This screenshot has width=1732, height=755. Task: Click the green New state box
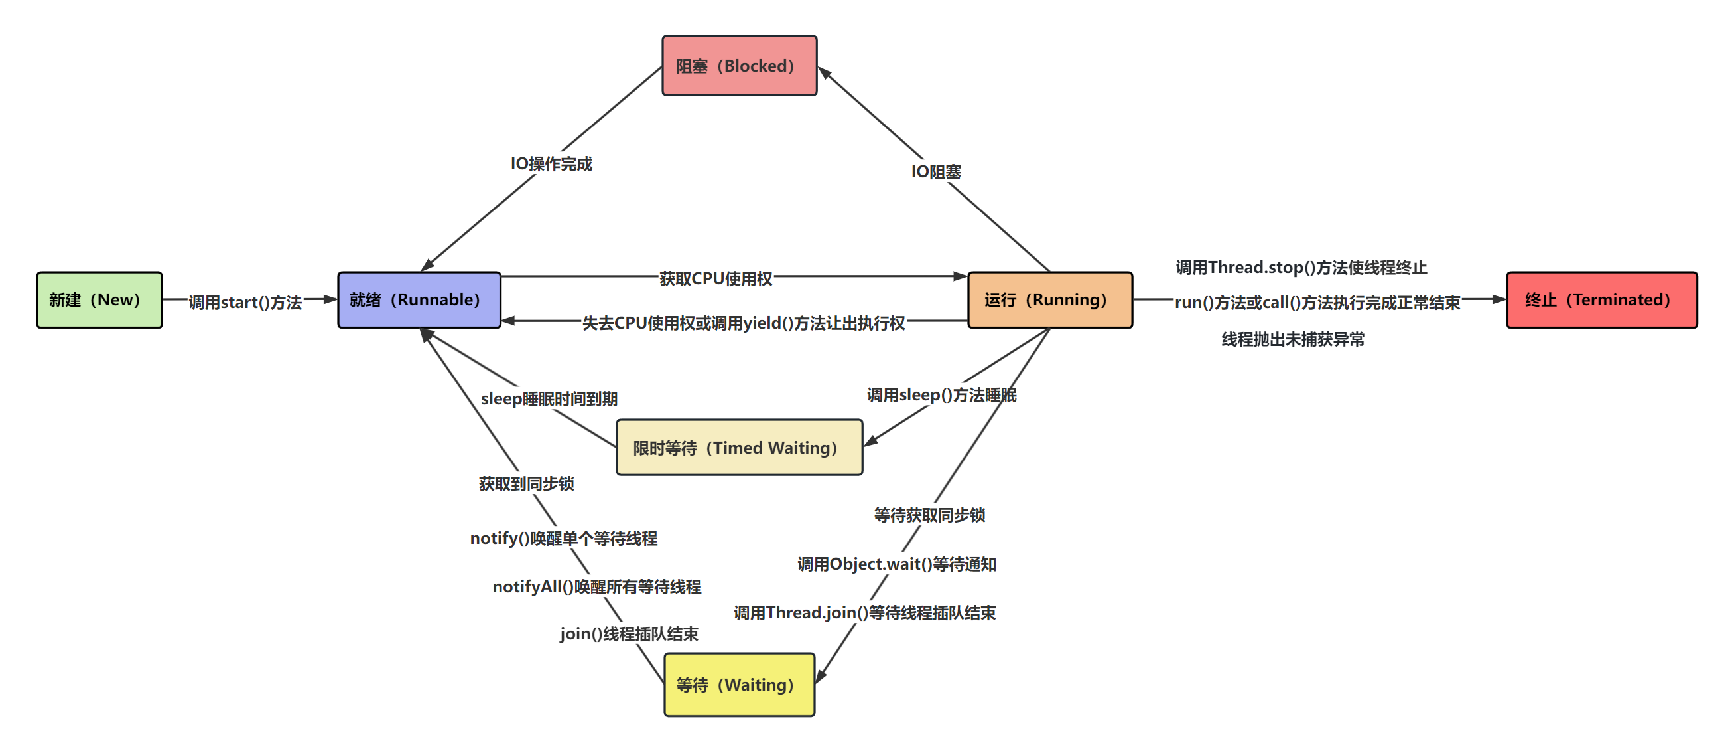click(x=99, y=300)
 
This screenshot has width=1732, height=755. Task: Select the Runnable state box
click(x=419, y=300)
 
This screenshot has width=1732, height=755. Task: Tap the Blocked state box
click(x=739, y=66)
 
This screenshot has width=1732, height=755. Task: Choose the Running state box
click(x=1049, y=300)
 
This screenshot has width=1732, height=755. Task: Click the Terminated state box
click(x=1601, y=300)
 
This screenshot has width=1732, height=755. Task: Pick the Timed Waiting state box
click(x=739, y=448)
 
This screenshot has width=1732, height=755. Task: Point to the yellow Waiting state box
click(x=739, y=685)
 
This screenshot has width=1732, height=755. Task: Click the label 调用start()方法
click(x=245, y=303)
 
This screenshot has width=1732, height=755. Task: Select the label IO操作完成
click(x=551, y=164)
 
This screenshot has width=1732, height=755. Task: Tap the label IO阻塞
click(x=936, y=172)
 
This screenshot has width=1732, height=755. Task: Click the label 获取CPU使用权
click(x=715, y=279)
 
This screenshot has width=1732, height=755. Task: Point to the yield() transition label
click(x=743, y=323)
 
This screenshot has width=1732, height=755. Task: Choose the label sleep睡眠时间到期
click(x=549, y=399)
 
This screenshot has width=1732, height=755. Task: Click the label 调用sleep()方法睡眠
click(x=941, y=395)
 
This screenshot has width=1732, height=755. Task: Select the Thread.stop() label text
click(x=1301, y=268)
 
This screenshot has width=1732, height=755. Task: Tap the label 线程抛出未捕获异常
click(x=1293, y=340)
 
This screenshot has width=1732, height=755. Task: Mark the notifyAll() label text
click(x=596, y=587)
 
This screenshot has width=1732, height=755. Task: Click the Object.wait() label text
click(x=896, y=564)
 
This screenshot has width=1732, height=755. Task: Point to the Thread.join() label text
click(x=864, y=613)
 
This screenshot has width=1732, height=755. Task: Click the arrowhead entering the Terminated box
click(x=1499, y=299)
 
